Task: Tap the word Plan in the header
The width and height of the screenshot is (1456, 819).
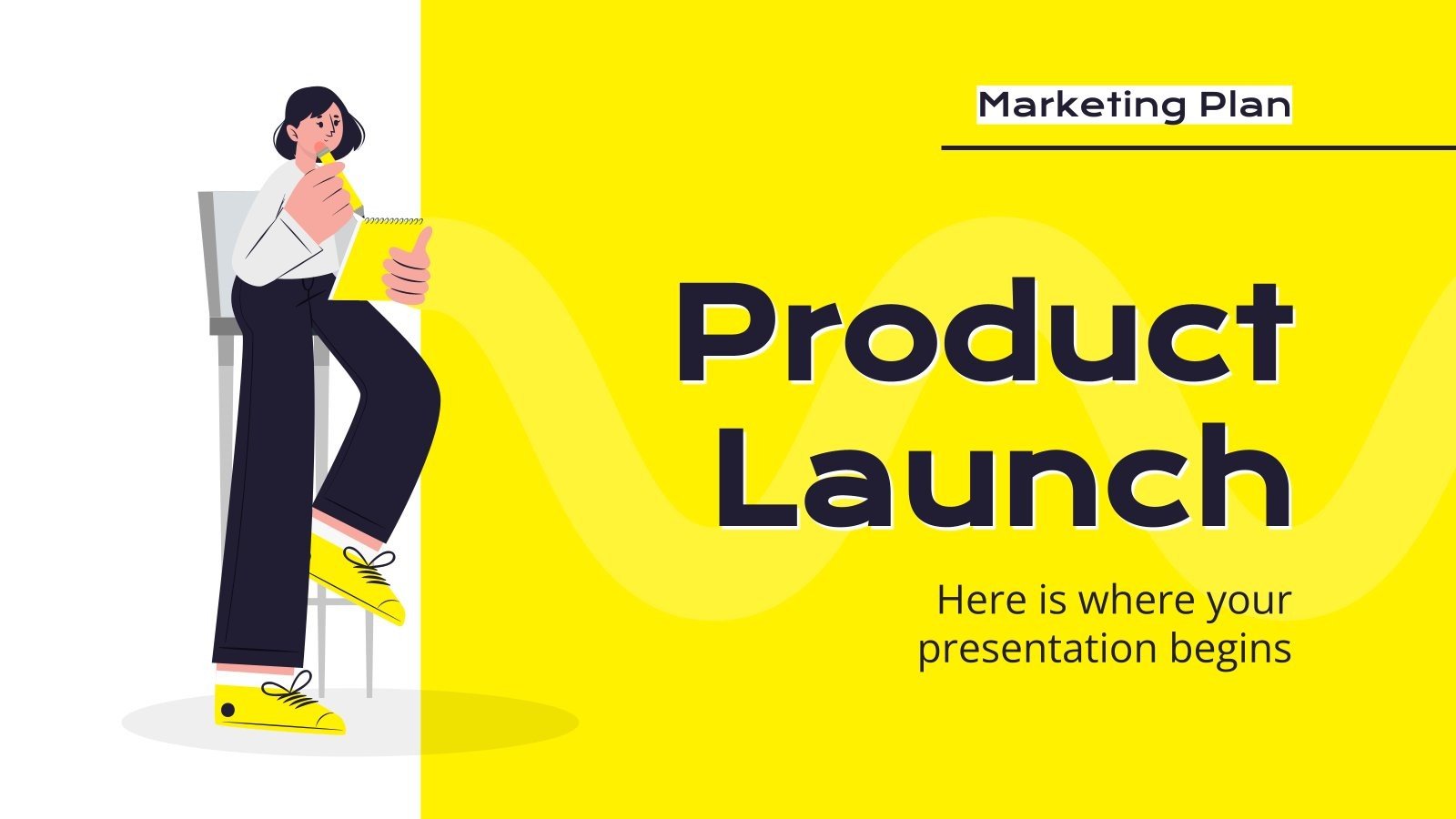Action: [x=1244, y=106]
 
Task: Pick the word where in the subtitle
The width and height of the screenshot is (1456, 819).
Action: [x=1137, y=601]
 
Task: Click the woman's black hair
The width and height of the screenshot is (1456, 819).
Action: [x=305, y=105]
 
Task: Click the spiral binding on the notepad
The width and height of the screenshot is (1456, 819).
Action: [x=392, y=220]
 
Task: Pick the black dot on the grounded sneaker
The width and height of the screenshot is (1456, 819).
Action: [x=227, y=709]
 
